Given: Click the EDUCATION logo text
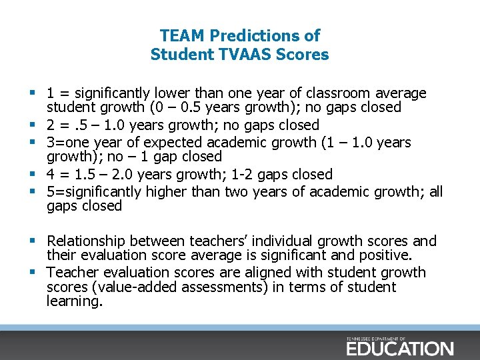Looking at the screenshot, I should (399, 348).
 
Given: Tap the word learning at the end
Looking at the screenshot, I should (75, 301).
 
